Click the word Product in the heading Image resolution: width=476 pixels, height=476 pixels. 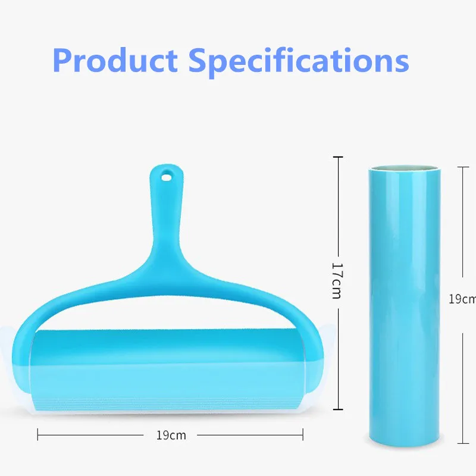pos(115,60)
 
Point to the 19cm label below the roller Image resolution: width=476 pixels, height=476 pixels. pos(171,435)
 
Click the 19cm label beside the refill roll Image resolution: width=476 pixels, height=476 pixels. pos(462,299)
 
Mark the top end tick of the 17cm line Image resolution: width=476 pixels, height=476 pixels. pos(338,157)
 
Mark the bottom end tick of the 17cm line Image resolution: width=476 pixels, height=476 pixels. pos(338,409)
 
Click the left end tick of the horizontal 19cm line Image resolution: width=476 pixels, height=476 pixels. pos(38,434)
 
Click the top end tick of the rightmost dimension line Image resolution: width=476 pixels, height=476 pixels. pos(462,167)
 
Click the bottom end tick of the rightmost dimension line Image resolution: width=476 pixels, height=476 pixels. pos(462,443)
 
